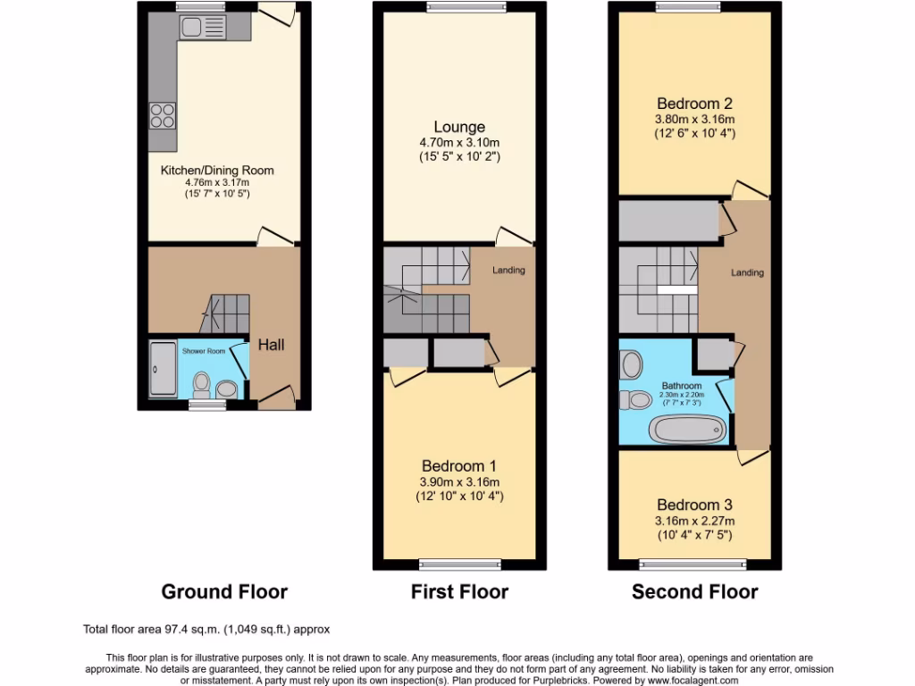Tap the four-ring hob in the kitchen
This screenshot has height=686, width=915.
pyautogui.click(x=162, y=115)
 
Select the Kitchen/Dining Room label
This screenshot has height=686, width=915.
pyautogui.click(x=217, y=171)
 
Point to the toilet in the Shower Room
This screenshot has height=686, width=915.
pyautogui.click(x=202, y=387)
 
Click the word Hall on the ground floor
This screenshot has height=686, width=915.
pyautogui.click(x=271, y=344)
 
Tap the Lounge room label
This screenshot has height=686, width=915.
pyautogui.click(x=459, y=127)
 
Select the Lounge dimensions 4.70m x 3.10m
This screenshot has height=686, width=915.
pyautogui.click(x=459, y=142)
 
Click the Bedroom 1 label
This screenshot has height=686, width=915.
pyautogui.click(x=459, y=465)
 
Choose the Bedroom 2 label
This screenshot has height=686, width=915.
pyautogui.click(x=695, y=103)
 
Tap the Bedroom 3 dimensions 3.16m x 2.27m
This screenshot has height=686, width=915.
pyautogui.click(x=695, y=521)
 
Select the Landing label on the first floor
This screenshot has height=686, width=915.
pyautogui.click(x=508, y=271)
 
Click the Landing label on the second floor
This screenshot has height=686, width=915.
pyautogui.click(x=747, y=272)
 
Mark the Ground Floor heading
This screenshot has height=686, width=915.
pyautogui.click(x=224, y=591)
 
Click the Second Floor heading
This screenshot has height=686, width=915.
pyautogui.click(x=695, y=591)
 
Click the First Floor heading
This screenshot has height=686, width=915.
pyautogui.click(x=459, y=591)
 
